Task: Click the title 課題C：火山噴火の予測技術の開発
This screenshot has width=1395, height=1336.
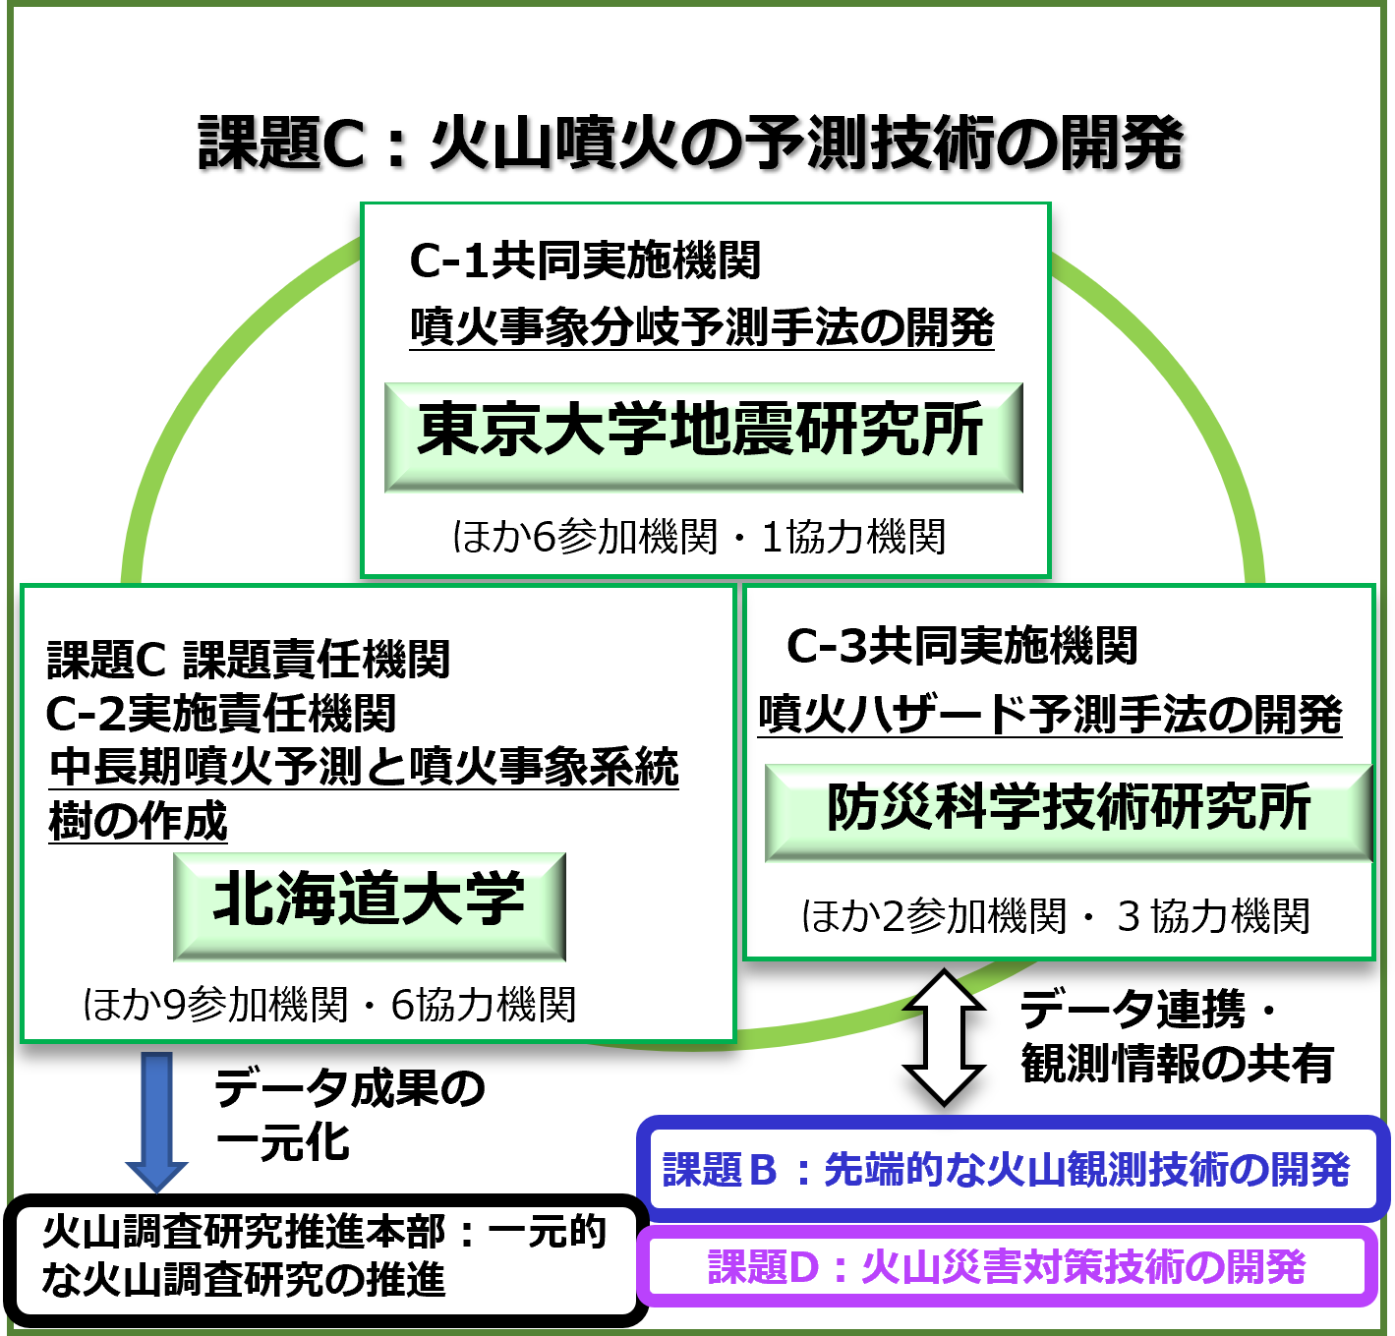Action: click(690, 144)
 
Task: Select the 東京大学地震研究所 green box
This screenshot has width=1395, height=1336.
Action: click(703, 436)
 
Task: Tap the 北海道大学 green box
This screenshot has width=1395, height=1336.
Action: click(370, 904)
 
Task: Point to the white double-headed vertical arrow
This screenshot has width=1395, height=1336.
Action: click(944, 1036)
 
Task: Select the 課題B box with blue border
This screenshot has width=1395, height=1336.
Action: click(1013, 1169)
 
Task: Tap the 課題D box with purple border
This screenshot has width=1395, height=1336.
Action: click(1007, 1267)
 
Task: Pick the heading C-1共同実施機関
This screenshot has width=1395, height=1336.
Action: click(585, 261)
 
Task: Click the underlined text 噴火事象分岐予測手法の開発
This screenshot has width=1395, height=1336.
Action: click(702, 327)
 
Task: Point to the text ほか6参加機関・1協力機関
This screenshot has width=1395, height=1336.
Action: click(699, 537)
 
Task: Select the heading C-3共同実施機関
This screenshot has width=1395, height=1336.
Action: click(961, 646)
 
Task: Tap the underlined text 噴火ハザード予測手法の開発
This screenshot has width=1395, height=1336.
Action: click(1050, 715)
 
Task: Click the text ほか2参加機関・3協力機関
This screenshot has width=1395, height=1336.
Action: click(1055, 916)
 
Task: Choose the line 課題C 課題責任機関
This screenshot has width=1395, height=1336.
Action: click(249, 660)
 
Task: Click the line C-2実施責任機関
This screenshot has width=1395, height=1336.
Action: click(221, 714)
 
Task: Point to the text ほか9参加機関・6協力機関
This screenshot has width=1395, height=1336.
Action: click(329, 1005)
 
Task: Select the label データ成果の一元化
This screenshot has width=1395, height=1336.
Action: click(349, 1115)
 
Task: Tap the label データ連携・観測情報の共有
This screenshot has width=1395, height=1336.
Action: click(1177, 1036)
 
